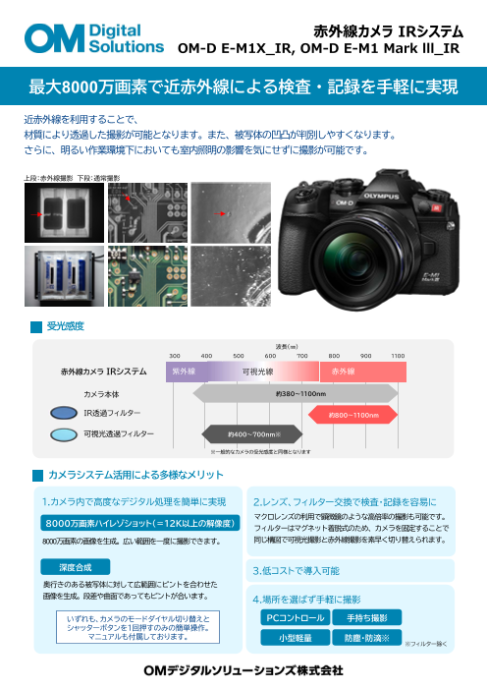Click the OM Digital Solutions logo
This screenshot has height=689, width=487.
coord(94,38)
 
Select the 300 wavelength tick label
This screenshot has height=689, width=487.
coord(175,355)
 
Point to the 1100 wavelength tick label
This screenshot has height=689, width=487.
coord(398,355)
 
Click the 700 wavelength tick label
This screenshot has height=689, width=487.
coord(302,355)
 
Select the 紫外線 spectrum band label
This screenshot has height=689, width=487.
coord(184,372)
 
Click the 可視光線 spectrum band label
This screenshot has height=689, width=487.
coord(258,372)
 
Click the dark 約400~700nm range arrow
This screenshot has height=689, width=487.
coord(254,433)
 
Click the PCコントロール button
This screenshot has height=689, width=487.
coord(294,617)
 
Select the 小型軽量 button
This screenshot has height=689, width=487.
coord(294,637)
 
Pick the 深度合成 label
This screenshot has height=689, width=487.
coord(75,567)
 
